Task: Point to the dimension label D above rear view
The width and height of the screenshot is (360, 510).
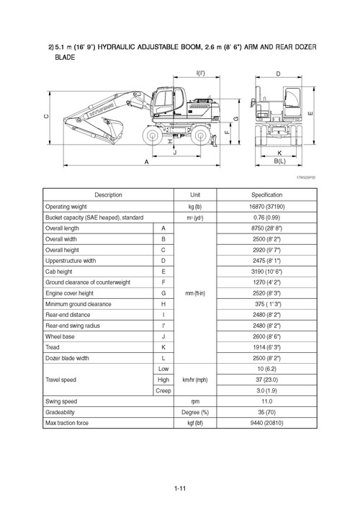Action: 277,74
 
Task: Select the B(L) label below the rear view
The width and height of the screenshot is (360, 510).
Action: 279,162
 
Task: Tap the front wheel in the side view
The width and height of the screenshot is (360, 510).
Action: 153,135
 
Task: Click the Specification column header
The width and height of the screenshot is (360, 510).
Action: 270,194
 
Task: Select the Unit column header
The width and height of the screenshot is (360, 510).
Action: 194,194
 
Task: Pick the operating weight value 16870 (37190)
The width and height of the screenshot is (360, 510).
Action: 270,206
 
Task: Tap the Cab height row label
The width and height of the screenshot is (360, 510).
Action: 60,271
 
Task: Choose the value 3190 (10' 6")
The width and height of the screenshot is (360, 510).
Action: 270,271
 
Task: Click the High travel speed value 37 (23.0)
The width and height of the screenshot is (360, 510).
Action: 270,379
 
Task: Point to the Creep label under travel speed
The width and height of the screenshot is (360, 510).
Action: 163,390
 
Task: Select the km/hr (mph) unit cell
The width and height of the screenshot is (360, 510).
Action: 194,379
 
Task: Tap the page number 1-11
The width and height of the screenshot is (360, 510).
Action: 180,491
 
